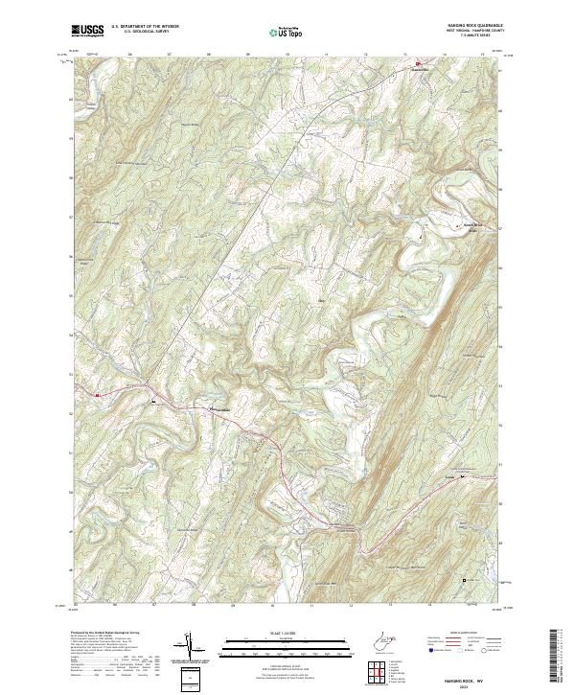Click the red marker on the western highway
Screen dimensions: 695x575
point(98,394)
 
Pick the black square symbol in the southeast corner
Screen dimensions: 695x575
point(466,580)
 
